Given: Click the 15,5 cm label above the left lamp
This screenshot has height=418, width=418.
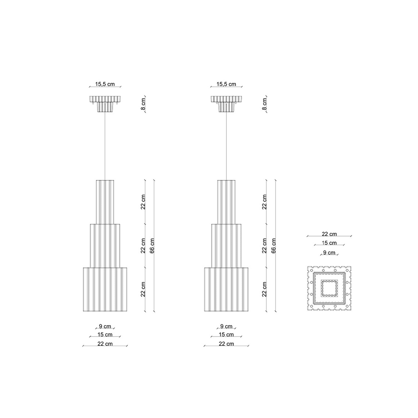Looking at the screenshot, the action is [105, 84].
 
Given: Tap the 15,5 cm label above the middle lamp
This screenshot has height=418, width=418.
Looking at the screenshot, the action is [226, 84].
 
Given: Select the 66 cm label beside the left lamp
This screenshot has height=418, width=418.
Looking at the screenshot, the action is [152, 246].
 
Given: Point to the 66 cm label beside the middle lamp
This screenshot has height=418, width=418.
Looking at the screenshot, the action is [274, 246].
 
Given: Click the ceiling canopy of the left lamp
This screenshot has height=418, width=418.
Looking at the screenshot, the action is [105, 104].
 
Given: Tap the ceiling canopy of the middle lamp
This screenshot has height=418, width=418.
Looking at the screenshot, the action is [226, 104].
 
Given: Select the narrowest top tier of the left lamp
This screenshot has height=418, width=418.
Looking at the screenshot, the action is [105, 202].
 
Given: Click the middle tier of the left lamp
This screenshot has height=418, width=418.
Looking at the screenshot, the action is [105, 246].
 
